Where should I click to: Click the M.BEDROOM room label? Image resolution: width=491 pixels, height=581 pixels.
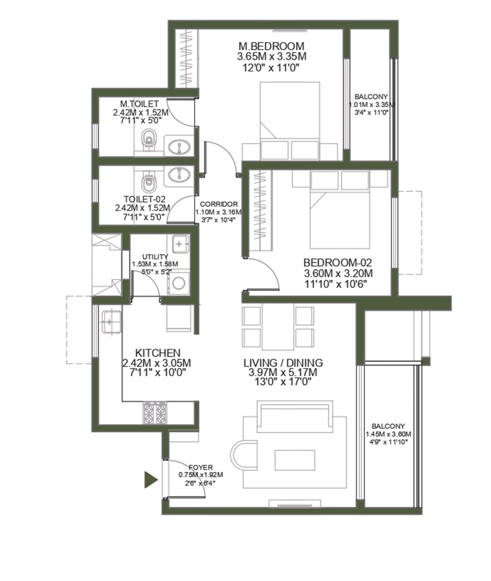pyautogui.click(x=271, y=46)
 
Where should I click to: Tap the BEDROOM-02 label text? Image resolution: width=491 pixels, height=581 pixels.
pyautogui.click(x=338, y=263)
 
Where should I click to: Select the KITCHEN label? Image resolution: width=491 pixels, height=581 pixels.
pyautogui.click(x=158, y=353)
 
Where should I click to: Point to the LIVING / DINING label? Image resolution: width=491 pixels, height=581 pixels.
pyautogui.click(x=283, y=363)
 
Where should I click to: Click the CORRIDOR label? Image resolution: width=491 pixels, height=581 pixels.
pyautogui.click(x=219, y=204)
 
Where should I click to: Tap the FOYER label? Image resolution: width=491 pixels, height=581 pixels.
pyautogui.click(x=200, y=468)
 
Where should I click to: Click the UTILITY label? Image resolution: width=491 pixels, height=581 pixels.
pyautogui.click(x=155, y=257)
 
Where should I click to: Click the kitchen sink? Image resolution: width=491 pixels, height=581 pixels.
pyautogui.click(x=112, y=322)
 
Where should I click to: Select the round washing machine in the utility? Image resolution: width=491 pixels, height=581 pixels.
pyautogui.click(x=178, y=283)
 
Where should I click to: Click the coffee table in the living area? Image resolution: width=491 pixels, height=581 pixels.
pyautogui.click(x=295, y=460)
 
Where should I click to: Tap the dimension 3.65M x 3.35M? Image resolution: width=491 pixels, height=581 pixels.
pyautogui.click(x=271, y=56)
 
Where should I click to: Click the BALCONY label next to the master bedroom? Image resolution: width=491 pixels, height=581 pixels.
pyautogui.click(x=371, y=97)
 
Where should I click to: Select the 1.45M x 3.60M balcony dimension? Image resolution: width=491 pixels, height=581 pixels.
pyautogui.click(x=389, y=434)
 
